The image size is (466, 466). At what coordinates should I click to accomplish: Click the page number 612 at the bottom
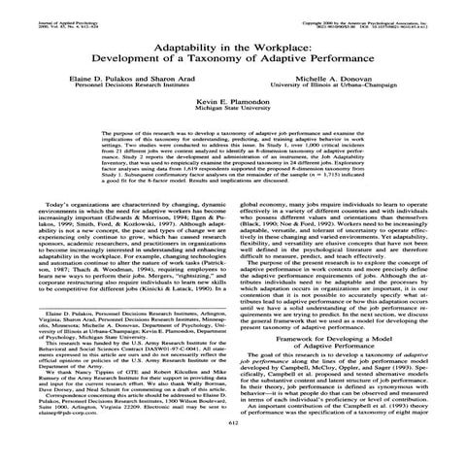pyautogui.click(x=232, y=450)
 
